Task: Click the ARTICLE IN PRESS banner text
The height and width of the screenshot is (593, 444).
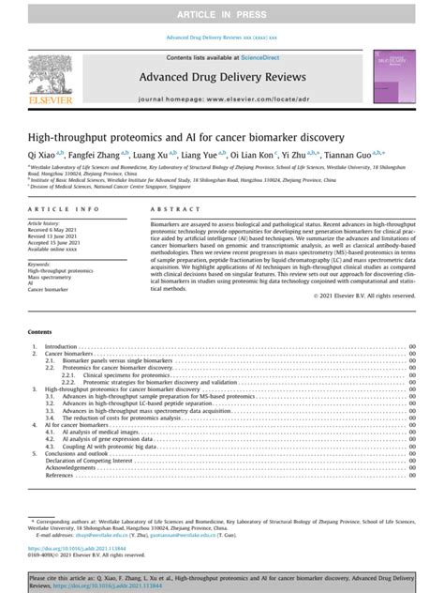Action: (x=222, y=13)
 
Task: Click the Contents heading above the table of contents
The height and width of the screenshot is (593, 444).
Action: (x=40, y=332)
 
